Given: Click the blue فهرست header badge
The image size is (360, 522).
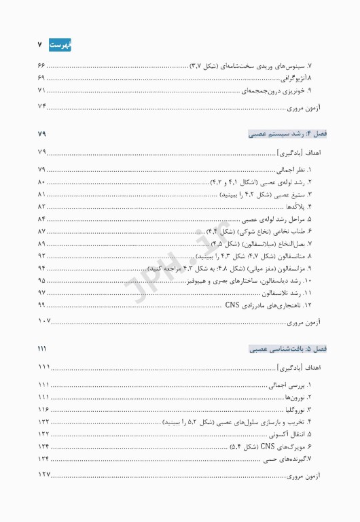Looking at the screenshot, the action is coord(60,45).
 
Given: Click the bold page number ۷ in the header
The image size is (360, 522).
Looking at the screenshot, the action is coord(41,45).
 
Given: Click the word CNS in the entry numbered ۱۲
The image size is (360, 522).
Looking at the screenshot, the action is coord(232,304).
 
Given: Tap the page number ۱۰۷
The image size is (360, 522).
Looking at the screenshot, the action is coord(45,320).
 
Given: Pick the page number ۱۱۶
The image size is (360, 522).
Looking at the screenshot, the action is coord(43,409).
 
